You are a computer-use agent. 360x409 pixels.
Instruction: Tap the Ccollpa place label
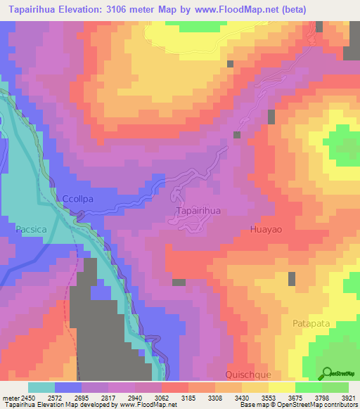click(78, 199)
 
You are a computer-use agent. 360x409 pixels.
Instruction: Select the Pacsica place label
click(32, 229)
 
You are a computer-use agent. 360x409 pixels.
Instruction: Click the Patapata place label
click(310, 324)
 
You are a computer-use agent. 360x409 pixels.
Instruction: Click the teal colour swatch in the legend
click(41, 387)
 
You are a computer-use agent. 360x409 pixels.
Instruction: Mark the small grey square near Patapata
click(291, 279)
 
